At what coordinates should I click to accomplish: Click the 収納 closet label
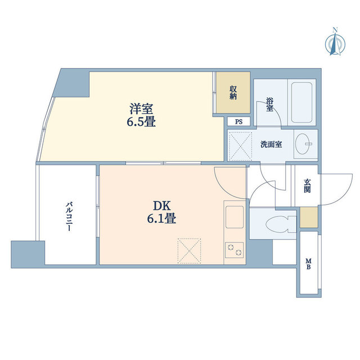click(232, 92)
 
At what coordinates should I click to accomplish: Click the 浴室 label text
click(269, 104)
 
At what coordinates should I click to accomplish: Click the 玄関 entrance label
click(308, 186)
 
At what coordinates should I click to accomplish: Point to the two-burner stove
click(234, 249)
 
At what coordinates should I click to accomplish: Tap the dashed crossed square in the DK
click(189, 249)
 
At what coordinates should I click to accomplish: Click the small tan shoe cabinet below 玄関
click(308, 218)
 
